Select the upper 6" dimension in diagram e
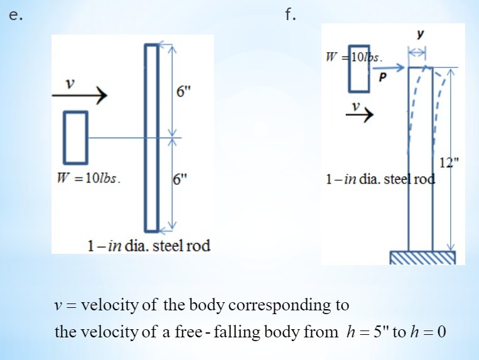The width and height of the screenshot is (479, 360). click(x=183, y=92)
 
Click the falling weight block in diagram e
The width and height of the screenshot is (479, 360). click(x=75, y=136)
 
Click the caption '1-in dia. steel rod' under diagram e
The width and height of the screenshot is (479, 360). click(x=148, y=245)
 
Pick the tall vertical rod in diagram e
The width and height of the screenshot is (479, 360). click(x=151, y=138)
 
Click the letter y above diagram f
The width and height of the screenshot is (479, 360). click(x=418, y=33)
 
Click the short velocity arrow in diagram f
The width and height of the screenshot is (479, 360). click(x=360, y=114)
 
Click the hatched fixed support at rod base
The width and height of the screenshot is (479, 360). click(x=422, y=257)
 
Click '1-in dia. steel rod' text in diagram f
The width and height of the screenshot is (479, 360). click(x=380, y=179)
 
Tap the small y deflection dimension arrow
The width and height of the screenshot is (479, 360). click(x=417, y=53)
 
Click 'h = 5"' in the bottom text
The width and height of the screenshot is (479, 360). click(x=367, y=331)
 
